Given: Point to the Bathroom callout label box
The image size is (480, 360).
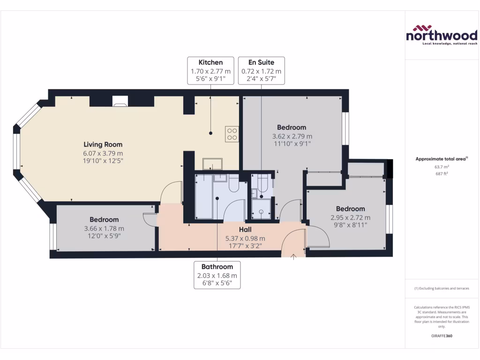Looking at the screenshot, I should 217,275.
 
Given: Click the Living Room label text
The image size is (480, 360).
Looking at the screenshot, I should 103,144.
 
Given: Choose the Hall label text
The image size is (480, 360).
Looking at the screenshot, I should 245,230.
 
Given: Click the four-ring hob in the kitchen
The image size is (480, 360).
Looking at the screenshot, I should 232,134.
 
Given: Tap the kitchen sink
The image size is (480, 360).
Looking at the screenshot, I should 212,164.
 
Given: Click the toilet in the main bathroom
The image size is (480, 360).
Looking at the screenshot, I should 233,185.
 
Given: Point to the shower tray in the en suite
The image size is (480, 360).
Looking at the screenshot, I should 261,209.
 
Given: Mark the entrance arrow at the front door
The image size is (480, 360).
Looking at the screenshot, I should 293,256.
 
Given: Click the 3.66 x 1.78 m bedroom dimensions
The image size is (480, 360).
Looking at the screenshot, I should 104,228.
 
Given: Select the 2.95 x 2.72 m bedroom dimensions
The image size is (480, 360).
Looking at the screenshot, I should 350,217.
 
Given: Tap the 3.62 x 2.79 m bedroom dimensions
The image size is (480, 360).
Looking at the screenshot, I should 291,136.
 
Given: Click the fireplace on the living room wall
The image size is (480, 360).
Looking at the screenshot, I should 120,101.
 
